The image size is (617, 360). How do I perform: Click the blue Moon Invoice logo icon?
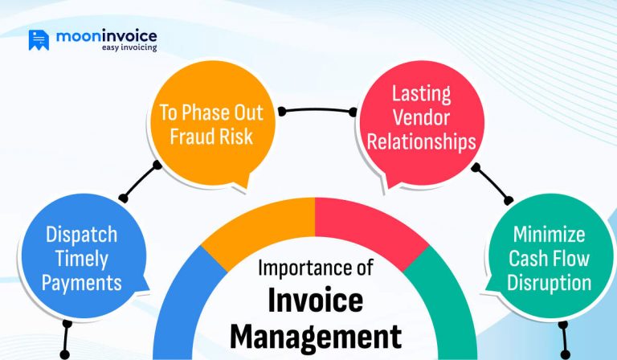39,40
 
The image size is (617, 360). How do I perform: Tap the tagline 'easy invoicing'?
129,48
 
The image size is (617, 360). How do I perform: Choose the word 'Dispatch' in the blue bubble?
81,235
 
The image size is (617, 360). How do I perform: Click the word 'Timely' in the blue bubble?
81,259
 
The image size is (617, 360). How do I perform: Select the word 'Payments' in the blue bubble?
81,283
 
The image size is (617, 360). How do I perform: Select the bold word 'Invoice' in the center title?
314,301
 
